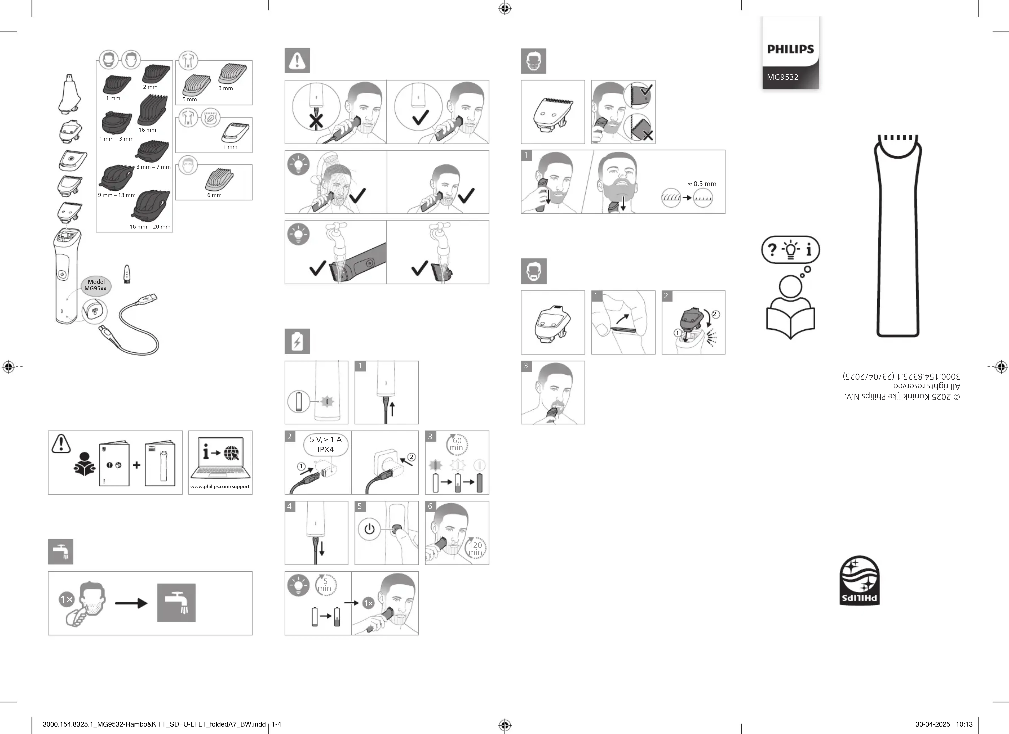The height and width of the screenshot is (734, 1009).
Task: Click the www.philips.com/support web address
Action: coord(220,486)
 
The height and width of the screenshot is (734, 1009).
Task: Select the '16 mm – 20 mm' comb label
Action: coord(150,227)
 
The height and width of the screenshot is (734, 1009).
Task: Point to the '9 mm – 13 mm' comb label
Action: coord(117,195)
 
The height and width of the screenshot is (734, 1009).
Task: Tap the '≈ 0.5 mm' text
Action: coord(702,184)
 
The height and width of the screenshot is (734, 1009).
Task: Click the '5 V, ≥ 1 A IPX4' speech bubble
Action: coord(326,445)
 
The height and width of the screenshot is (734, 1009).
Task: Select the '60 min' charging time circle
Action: coord(456,444)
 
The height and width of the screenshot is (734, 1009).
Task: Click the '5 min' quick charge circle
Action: coord(325,585)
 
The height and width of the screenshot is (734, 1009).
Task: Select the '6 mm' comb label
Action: coord(214,195)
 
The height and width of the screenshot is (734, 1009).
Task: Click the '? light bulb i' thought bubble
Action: coord(791,250)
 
